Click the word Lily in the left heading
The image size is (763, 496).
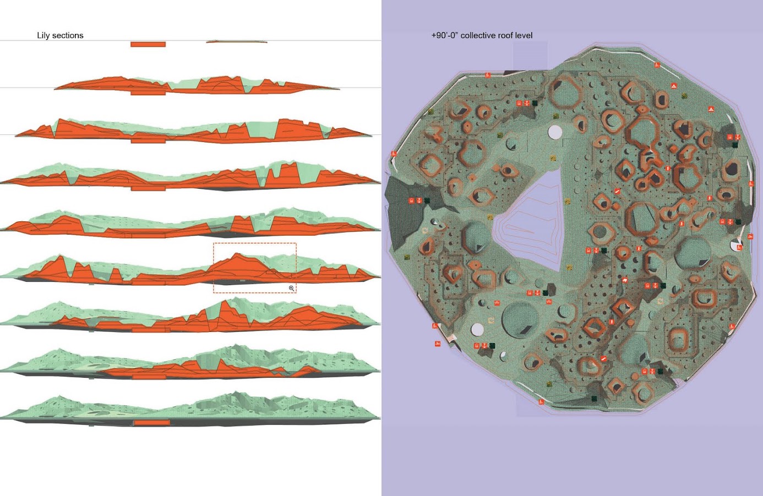[43, 35]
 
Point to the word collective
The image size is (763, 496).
[477, 35]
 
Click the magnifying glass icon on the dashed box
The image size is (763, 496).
[292, 288]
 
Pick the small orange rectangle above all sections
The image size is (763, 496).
[148, 44]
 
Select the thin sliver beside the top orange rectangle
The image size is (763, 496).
[236, 42]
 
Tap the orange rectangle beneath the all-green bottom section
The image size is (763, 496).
[151, 423]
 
